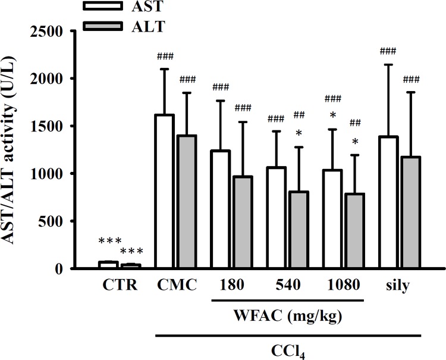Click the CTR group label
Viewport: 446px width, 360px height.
(119, 284)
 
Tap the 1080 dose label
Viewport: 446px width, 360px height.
(343, 284)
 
